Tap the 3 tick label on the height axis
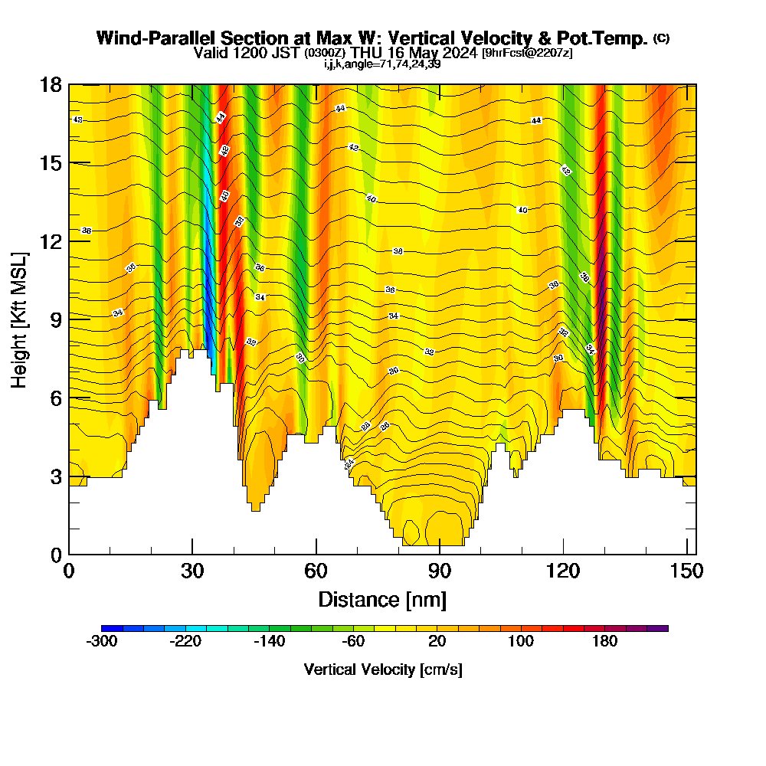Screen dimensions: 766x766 pyautogui.click(x=56, y=476)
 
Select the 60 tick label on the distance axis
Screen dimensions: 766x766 pyautogui.click(x=316, y=571)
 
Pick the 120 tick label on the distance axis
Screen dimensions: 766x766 pyautogui.click(x=563, y=571)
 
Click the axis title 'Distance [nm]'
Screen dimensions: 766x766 pyautogui.click(x=382, y=598)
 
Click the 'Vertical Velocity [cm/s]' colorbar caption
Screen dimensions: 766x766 pyautogui.click(x=383, y=669)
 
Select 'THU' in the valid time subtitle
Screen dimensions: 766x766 pyautogui.click(x=366, y=53)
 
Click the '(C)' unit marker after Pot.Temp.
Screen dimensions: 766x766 pyautogui.click(x=661, y=38)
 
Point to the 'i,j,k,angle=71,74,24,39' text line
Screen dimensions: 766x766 pyautogui.click(x=382, y=64)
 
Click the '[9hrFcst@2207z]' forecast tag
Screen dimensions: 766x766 pyautogui.click(x=527, y=53)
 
